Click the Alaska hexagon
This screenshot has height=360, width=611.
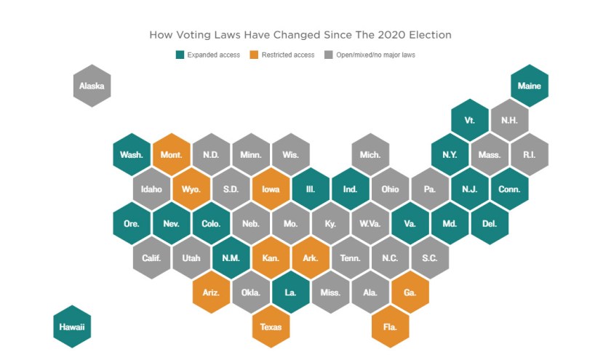coord(92,86)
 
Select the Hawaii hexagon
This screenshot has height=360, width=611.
coord(72,326)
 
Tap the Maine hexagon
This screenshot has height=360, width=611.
coord(530,86)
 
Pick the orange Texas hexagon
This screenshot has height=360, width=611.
coord(271,327)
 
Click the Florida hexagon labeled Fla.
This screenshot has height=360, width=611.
coord(390,327)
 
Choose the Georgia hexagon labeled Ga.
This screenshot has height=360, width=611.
coord(410,292)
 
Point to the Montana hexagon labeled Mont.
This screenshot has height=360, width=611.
coord(172,155)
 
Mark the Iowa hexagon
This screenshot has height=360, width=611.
coord(271,189)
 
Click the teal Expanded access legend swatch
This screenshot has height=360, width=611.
coord(180,55)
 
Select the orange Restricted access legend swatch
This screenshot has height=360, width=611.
coord(254,55)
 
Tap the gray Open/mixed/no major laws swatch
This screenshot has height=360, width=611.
coord(328,55)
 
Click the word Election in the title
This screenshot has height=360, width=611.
coord(428,35)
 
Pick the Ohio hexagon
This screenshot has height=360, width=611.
coord(390,189)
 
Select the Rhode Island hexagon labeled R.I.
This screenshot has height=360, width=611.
coord(530,155)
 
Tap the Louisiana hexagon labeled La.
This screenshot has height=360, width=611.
coord(290,292)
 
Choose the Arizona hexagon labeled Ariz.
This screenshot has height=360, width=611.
coord(212,292)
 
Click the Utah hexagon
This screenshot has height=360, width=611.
coord(191,257)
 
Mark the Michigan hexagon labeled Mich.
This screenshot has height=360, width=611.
coord(370,155)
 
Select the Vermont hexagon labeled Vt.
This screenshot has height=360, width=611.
coord(469,120)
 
